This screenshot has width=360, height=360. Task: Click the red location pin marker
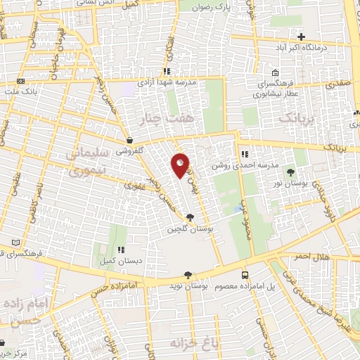tap(180, 166)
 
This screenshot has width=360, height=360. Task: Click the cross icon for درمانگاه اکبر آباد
tap(301, 37)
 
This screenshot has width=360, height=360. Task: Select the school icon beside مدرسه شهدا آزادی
tap(166, 72)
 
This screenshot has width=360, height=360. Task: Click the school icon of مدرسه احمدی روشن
tap(243, 155)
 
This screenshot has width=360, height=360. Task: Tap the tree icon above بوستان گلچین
tap(189, 218)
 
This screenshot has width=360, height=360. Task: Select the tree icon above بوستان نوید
tap(187, 275)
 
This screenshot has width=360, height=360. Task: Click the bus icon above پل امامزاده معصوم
tap(245, 275)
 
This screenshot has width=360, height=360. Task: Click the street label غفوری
tap(134, 186)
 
